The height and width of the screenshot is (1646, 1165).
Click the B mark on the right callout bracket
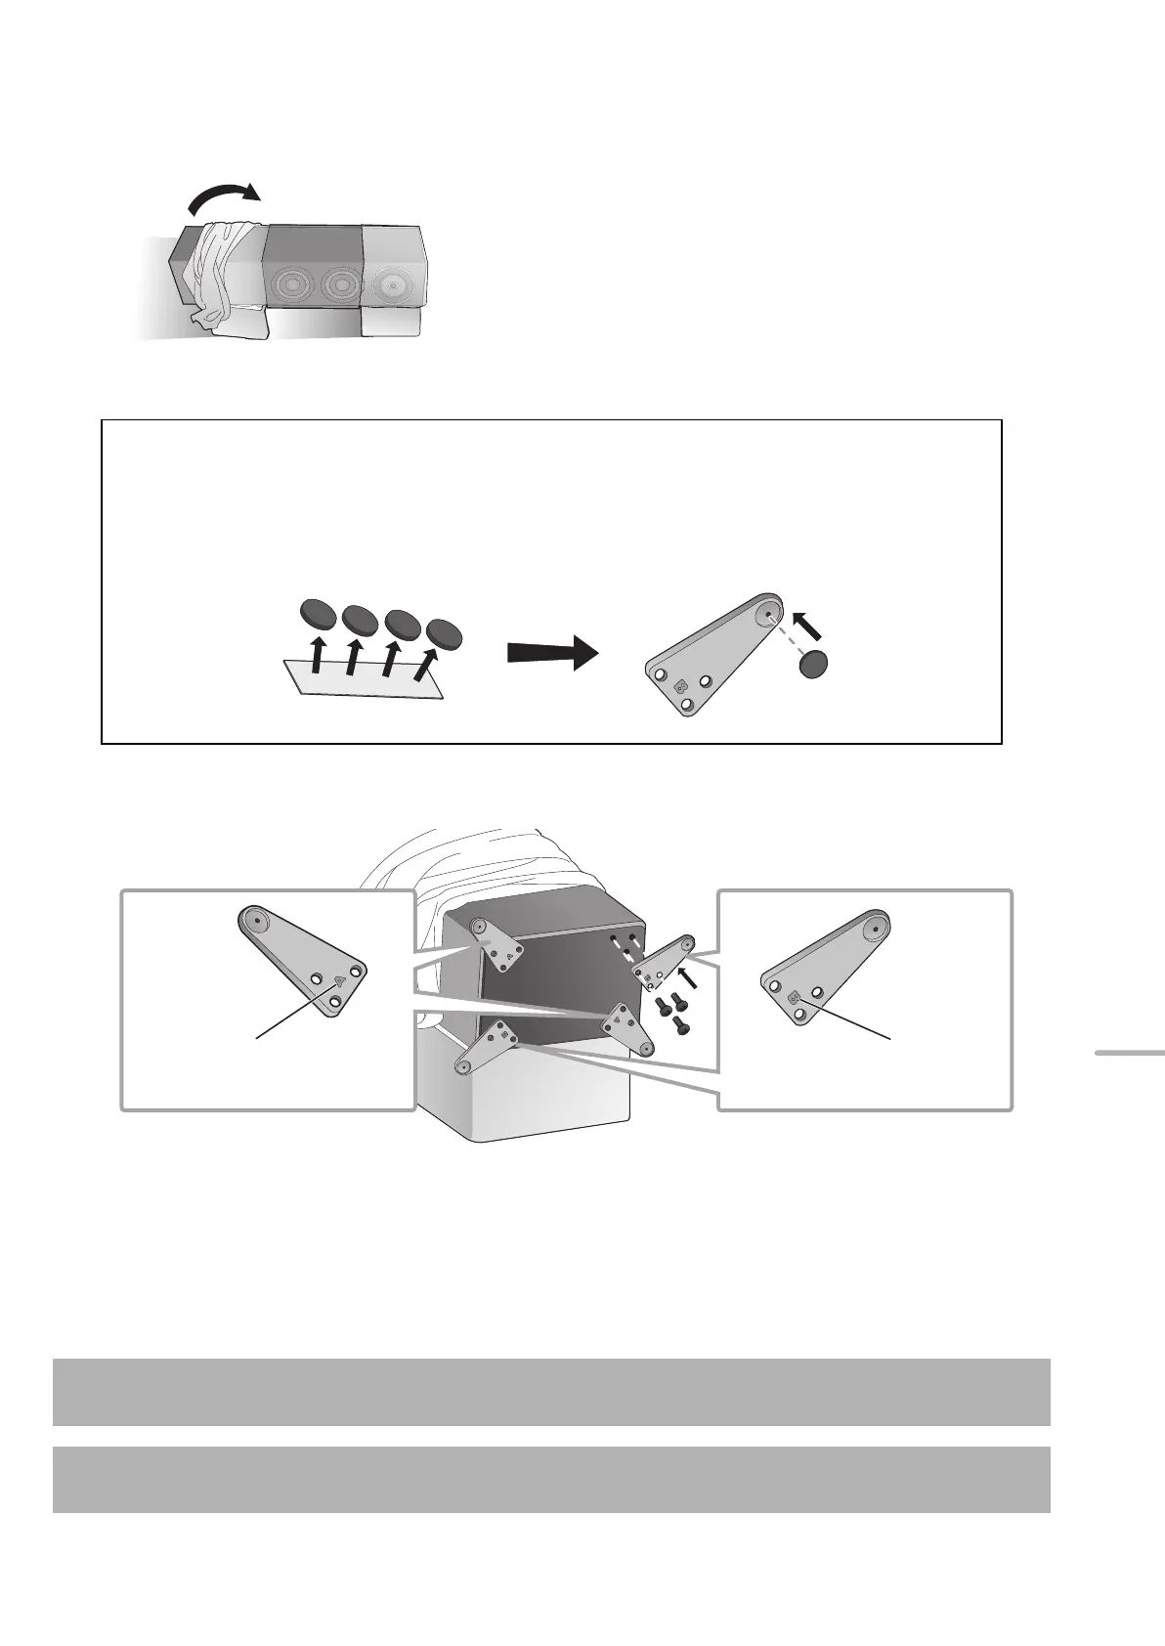click(795, 997)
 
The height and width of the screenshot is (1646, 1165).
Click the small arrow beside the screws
click(687, 975)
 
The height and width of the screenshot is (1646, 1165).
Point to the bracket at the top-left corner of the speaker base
click(494, 943)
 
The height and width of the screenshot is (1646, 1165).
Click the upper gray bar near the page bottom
click(550, 1391)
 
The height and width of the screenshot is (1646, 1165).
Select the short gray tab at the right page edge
click(1129, 1053)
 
